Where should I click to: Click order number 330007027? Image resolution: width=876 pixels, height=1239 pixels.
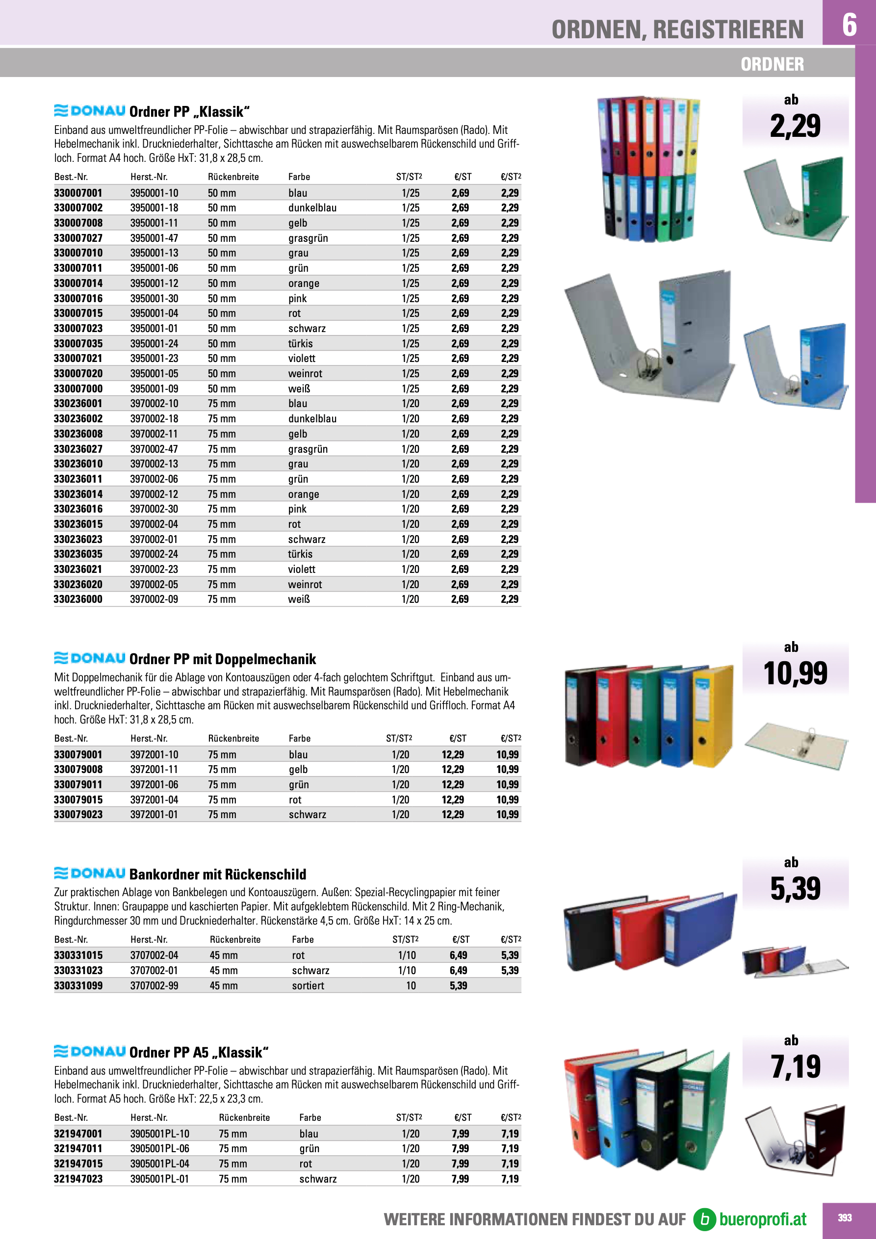tap(78, 238)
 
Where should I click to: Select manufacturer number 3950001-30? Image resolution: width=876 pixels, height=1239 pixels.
tap(154, 298)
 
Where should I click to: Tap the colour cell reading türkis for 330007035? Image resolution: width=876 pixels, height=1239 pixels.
tap(300, 343)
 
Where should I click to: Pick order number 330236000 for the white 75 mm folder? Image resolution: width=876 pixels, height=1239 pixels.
tap(78, 599)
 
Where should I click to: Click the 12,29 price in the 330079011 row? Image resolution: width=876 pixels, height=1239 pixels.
tap(452, 785)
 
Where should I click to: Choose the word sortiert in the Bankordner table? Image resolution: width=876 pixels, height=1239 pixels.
tap(308, 985)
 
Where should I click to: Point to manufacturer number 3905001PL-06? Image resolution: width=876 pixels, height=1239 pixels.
tap(159, 1148)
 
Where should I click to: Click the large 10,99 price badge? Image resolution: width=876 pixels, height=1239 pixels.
tap(795, 673)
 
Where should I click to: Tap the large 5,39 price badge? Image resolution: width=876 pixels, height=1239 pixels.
tap(795, 889)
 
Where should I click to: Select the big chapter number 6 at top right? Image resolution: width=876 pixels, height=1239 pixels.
tap(849, 25)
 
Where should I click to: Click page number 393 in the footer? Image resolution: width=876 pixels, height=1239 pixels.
tap(845, 1217)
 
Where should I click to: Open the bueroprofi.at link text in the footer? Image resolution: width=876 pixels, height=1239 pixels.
tap(762, 1219)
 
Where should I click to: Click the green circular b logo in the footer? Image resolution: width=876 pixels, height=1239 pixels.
tap(704, 1219)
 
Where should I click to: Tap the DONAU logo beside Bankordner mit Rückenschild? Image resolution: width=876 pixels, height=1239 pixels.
tap(90, 874)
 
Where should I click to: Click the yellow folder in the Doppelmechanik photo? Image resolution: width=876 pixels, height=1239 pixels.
tap(713, 715)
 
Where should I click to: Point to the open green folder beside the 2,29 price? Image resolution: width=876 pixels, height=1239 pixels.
tap(796, 198)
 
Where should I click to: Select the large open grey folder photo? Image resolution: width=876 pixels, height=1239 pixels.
tap(650, 335)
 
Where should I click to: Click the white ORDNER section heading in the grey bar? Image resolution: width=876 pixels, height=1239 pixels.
tap(772, 64)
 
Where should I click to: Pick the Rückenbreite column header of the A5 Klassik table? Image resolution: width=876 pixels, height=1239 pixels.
tap(244, 1117)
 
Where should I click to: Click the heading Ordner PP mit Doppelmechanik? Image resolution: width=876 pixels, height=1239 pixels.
tap(222, 659)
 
